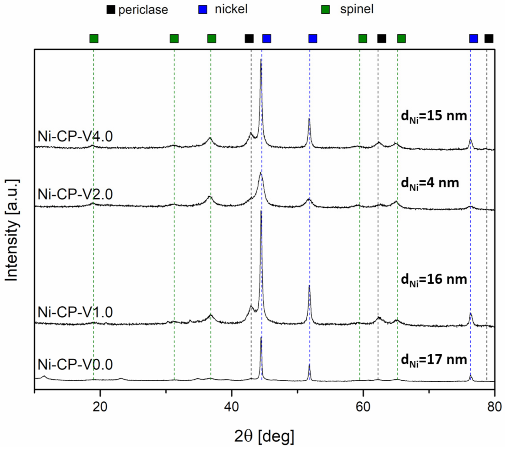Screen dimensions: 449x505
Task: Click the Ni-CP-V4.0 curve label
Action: pyautogui.click(x=76, y=137)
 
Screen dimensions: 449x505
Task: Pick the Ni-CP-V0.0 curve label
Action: pyautogui.click(x=76, y=364)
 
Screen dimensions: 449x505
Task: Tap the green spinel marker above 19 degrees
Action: pyautogui.click(x=94, y=38)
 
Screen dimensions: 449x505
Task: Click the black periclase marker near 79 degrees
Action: pyautogui.click(x=489, y=38)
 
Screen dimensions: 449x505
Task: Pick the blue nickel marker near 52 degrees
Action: pyautogui.click(x=313, y=38)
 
